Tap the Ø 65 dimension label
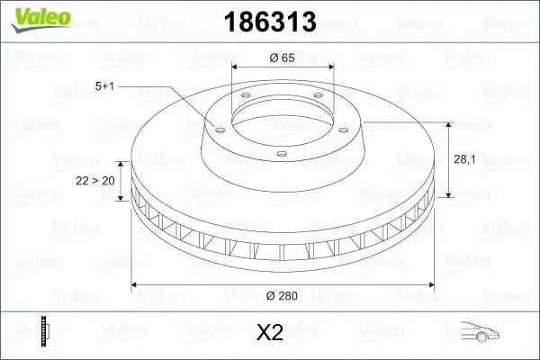(283, 58)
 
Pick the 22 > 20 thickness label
(94, 181)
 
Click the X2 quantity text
(269, 333)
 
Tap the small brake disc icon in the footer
(42, 331)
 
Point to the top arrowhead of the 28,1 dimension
(448, 126)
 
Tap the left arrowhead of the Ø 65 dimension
(237, 67)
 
